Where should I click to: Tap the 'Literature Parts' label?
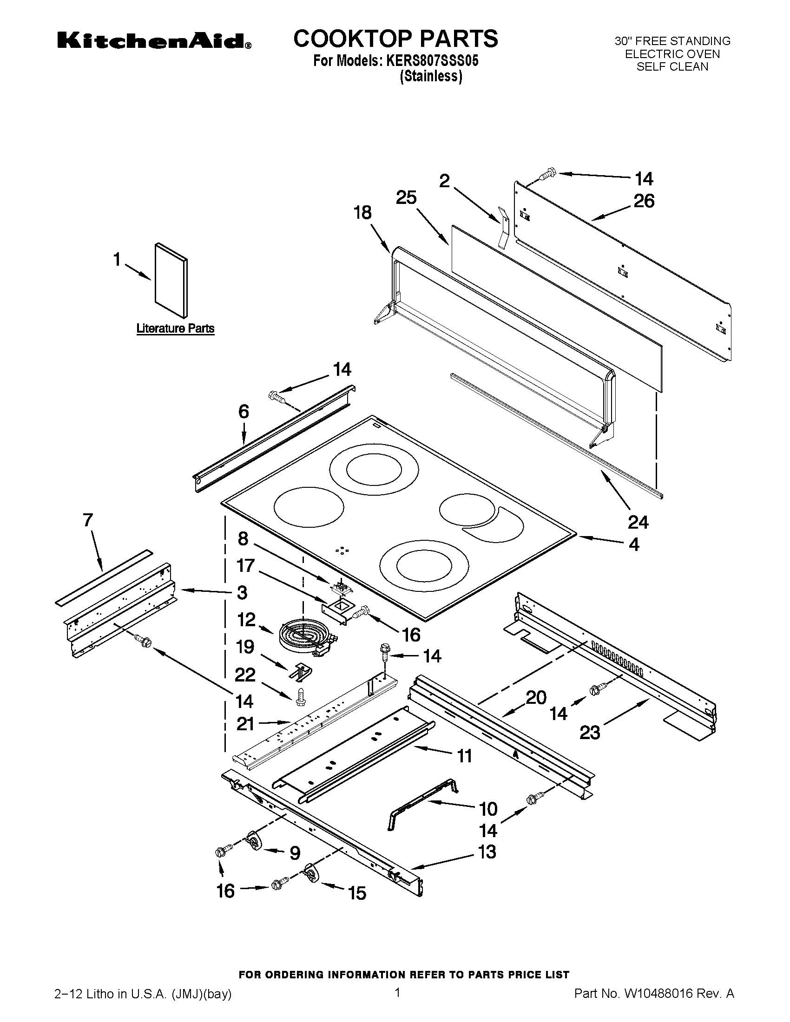[x=175, y=328]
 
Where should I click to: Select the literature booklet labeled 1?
[x=171, y=280]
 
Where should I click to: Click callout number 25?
[x=406, y=198]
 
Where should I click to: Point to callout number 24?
[x=638, y=522]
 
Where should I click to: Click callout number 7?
[x=88, y=520]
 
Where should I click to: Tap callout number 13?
[x=487, y=852]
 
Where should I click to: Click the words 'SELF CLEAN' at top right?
[x=672, y=66]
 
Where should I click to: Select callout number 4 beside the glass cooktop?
[x=634, y=544]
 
